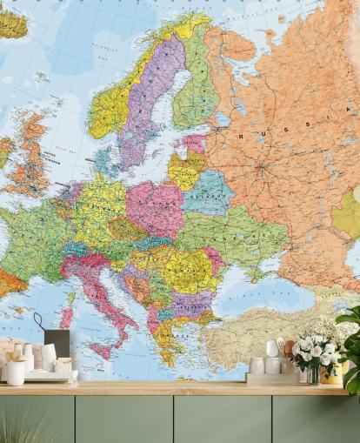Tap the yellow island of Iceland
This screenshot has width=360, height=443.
pos(12,23)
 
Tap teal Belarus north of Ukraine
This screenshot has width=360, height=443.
pos(206,191)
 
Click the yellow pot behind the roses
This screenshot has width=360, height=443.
pos(331,374)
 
